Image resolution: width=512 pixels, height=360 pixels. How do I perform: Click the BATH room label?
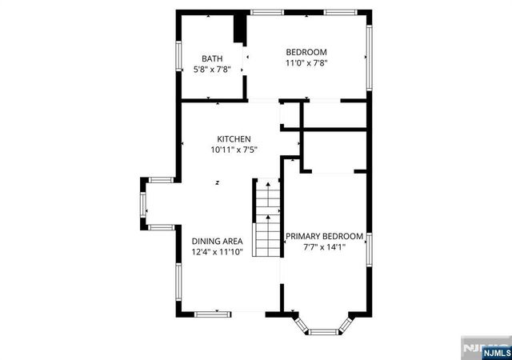(212, 58)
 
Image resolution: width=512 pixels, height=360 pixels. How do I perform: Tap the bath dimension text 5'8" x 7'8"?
(212, 70)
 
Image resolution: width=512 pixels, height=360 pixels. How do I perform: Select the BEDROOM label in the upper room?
(306, 52)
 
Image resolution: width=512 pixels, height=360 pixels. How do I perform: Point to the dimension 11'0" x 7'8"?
(306, 63)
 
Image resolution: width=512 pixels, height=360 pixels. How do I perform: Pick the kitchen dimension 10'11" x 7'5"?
(234, 150)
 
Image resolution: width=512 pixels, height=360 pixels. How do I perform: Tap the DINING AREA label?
(218, 241)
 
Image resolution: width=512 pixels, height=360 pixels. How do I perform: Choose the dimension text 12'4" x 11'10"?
(218, 252)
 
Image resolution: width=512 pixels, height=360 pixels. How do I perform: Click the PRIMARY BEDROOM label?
(325, 237)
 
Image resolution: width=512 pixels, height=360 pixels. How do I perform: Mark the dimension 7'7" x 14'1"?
(325, 248)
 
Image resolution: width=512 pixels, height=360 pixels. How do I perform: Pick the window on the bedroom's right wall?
(369, 56)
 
